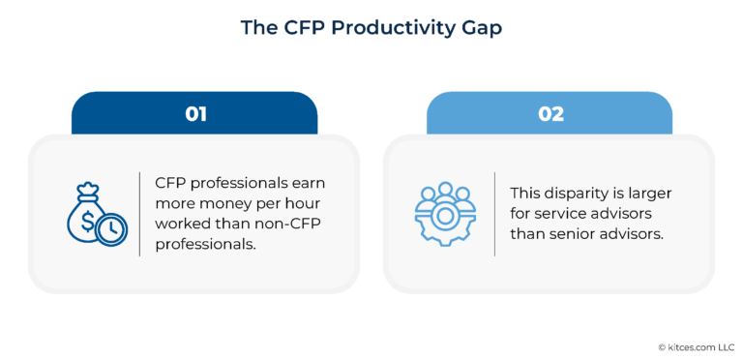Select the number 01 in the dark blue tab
[195, 113]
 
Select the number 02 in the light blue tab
[550, 113]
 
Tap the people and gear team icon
[446, 214]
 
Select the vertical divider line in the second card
[494, 214]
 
